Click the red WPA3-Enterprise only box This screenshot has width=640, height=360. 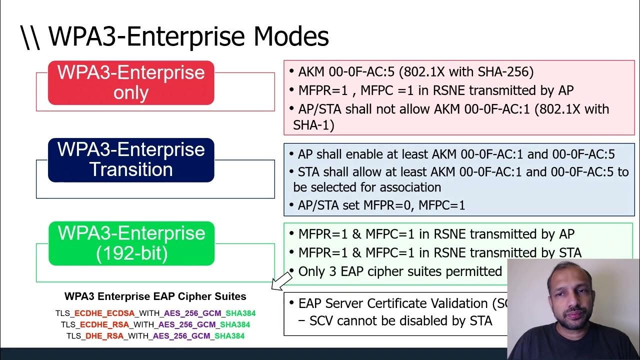click(x=131, y=83)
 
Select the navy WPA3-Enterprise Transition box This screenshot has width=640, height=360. click(x=131, y=160)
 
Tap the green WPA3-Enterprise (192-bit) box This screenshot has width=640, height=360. click(x=131, y=243)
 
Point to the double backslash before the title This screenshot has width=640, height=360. click(x=31, y=37)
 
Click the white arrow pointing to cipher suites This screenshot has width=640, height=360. click(x=281, y=280)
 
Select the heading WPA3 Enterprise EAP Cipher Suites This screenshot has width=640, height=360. click(x=155, y=296)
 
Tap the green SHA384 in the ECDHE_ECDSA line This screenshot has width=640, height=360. click(x=240, y=313)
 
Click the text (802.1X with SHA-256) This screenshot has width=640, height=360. click(x=465, y=72)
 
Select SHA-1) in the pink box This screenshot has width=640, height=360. click(x=313, y=125)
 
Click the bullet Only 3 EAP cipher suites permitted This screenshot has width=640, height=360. click(x=399, y=271)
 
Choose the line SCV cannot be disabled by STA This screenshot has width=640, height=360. click(x=400, y=321)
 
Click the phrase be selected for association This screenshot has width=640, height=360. click(x=367, y=187)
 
